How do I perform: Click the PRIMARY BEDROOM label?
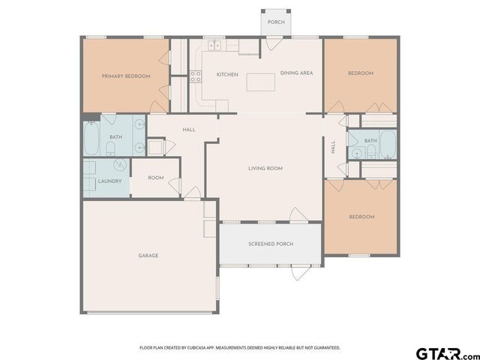click(126, 76)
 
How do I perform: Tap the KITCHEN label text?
click(227, 74)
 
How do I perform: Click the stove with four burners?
click(195, 76)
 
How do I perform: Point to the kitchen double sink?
click(214, 45)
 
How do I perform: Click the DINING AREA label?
click(296, 73)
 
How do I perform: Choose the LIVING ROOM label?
click(265, 169)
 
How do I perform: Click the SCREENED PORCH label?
click(271, 244)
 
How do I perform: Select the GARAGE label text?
click(148, 256)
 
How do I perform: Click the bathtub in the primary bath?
click(91, 137)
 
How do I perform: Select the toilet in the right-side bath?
click(370, 153)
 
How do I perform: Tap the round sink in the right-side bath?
click(354, 153)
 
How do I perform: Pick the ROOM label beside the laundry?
click(155, 178)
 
